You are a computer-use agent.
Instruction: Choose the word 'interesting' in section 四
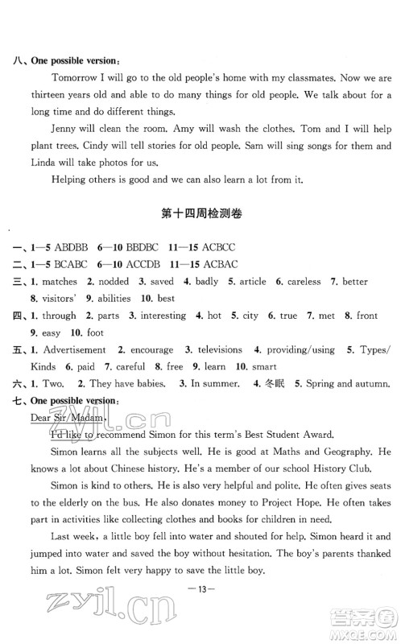click(159, 316)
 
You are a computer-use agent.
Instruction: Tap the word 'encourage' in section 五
click(151, 350)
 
